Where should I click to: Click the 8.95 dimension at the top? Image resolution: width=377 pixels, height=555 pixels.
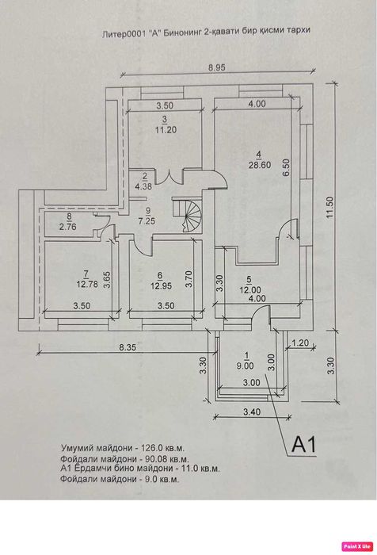tap(216, 67)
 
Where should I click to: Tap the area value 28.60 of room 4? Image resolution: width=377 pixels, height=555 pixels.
tap(260, 165)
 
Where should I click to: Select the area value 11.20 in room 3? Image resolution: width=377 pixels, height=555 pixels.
tap(166, 130)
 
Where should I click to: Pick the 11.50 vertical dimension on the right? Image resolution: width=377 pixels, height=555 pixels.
tap(329, 207)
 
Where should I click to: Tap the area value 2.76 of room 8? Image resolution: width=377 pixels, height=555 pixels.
tap(67, 227)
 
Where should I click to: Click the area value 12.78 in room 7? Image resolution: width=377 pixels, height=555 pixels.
tap(87, 284)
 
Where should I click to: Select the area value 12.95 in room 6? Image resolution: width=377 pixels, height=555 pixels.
tap(161, 285)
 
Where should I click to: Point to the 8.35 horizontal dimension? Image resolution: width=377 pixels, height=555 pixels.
tap(128, 347)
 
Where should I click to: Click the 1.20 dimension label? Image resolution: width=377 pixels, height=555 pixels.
tap(300, 343)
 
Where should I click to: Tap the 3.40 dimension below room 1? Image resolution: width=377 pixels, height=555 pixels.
tap(252, 411)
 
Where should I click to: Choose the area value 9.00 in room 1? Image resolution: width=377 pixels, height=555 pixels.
tap(245, 366)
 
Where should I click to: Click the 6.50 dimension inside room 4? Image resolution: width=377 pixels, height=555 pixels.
tap(286, 167)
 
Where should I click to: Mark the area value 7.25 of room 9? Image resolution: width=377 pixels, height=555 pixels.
tap(147, 221)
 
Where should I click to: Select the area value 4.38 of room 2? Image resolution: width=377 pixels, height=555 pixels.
tap(143, 186)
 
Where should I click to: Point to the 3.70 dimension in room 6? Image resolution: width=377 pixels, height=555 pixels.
tap(189, 279)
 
